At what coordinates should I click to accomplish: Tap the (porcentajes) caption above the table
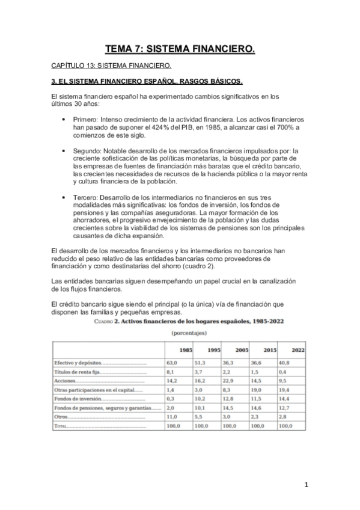[x=189, y=332]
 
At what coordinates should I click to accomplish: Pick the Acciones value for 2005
[x=229, y=381]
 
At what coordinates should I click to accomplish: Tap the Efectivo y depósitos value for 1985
[x=172, y=363]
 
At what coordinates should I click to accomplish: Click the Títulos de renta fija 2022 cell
[x=282, y=372]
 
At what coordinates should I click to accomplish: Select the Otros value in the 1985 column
[x=172, y=416]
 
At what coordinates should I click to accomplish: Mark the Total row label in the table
[x=61, y=425]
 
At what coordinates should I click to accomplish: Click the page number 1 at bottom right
[x=306, y=485]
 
